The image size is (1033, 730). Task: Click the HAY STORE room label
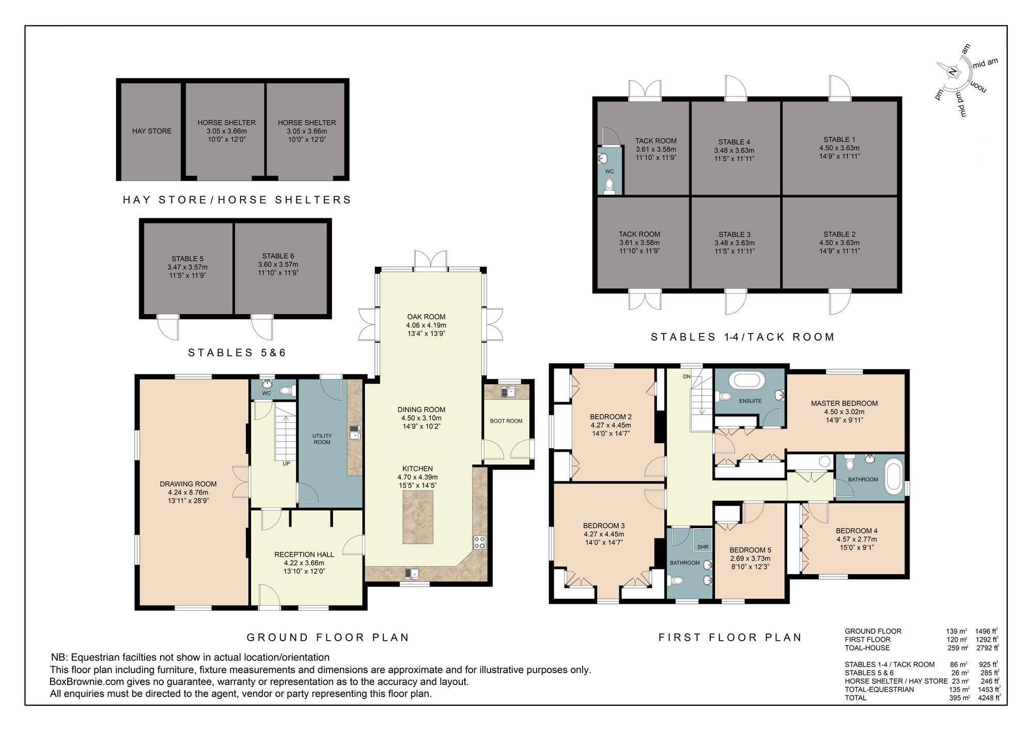[x=151, y=131]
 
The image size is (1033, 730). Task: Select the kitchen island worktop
[x=418, y=517]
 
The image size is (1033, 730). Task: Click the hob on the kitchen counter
[x=479, y=542]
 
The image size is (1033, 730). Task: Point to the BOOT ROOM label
[x=506, y=421]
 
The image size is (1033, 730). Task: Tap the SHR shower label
[x=703, y=547]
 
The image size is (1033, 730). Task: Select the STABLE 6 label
[x=278, y=256]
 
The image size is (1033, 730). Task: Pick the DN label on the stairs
[x=686, y=377]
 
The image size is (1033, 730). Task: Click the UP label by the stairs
[x=286, y=464]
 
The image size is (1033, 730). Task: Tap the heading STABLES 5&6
[x=237, y=353]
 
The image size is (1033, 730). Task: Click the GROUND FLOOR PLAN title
[x=328, y=637]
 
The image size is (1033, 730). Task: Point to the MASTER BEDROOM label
[x=844, y=404]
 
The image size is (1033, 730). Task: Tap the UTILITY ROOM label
[x=322, y=439]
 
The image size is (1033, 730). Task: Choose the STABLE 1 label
[x=839, y=139]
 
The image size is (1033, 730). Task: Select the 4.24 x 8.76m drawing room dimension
[x=188, y=493]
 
